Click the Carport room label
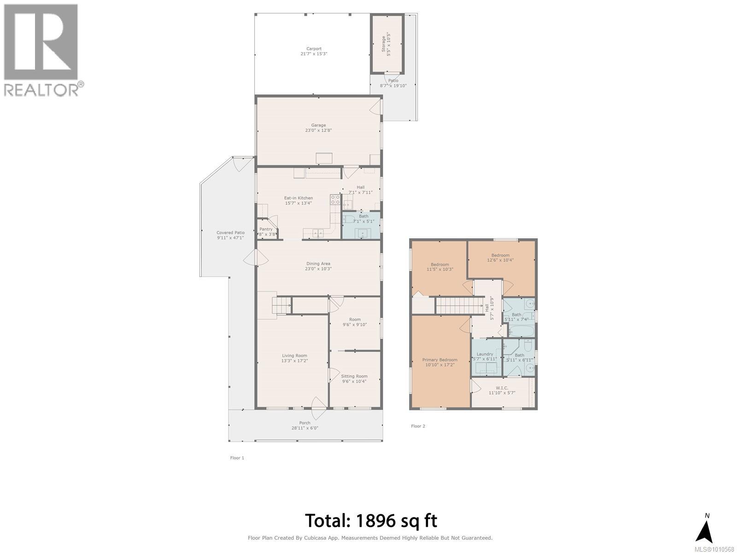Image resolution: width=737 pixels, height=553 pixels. (314, 49)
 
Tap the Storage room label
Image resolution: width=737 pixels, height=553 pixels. (384, 46)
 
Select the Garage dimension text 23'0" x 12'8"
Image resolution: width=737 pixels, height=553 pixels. (318, 130)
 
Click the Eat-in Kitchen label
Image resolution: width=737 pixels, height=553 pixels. (298, 198)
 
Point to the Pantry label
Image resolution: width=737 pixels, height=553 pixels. (266, 229)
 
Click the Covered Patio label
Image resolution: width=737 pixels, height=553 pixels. (230, 233)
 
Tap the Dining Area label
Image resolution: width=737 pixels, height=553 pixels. (318, 264)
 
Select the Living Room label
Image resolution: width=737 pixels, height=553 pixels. (294, 355)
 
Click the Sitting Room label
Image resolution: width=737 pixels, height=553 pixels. (354, 376)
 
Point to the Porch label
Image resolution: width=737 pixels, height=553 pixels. (304, 423)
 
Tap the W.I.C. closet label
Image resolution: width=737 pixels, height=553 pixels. (502, 388)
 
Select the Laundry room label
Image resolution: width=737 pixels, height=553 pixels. (485, 354)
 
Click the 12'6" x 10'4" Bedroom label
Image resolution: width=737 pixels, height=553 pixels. (500, 255)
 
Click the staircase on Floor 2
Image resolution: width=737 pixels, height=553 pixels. (453, 306)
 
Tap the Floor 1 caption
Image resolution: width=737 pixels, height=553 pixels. (237, 458)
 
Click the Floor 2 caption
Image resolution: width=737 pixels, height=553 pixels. (418, 426)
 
